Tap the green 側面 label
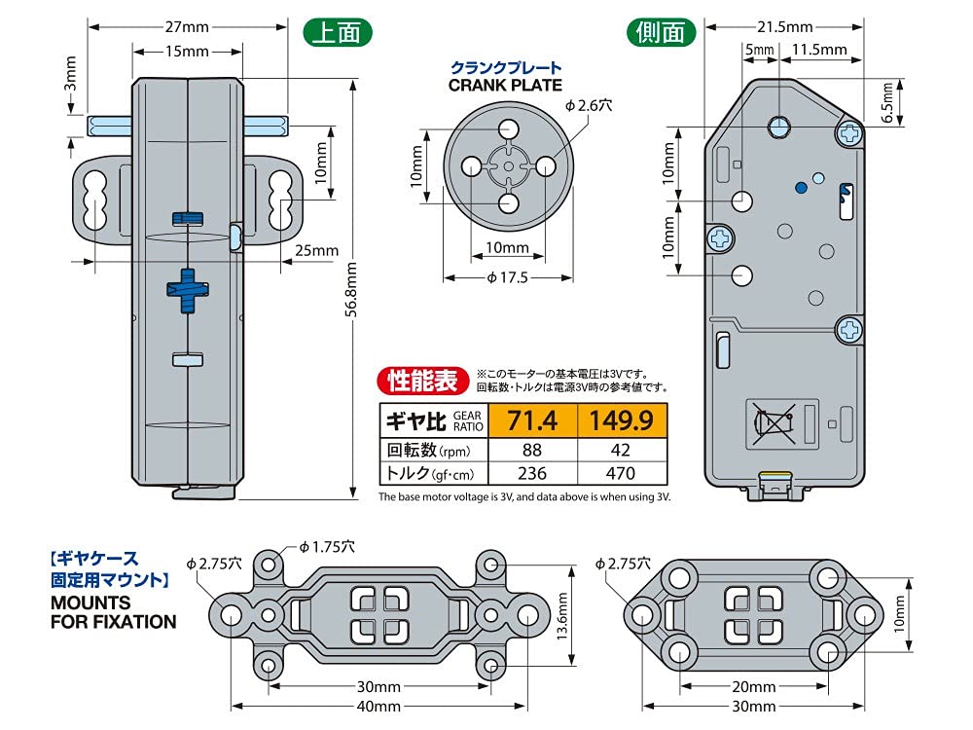(662, 32)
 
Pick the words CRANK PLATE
(505, 85)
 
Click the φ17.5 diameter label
(506, 277)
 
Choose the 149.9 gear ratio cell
(623, 421)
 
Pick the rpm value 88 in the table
(531, 450)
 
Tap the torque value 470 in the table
(622, 474)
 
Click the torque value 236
(531, 474)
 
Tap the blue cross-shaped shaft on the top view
(187, 289)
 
